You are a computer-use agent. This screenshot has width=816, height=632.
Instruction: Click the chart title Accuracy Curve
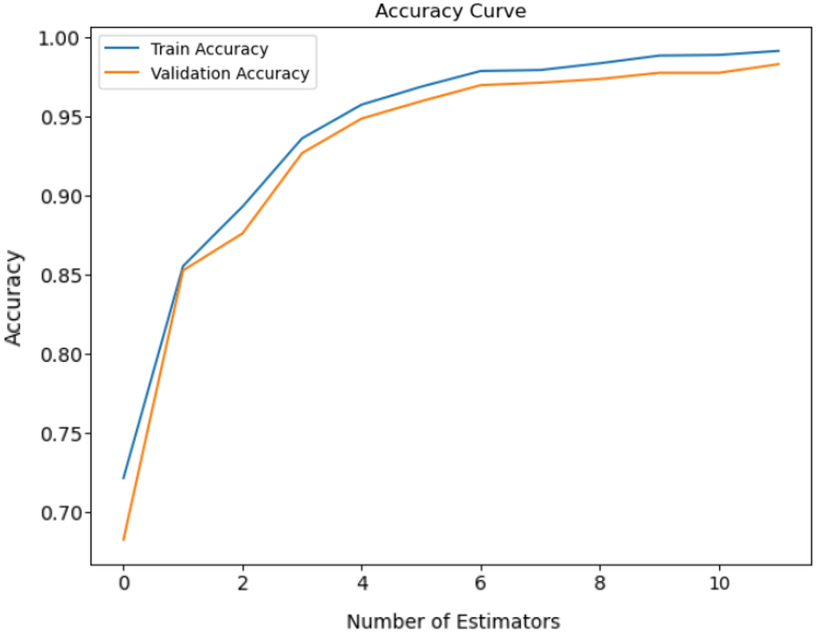tap(450, 11)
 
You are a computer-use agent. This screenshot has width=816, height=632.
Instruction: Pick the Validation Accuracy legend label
tap(229, 74)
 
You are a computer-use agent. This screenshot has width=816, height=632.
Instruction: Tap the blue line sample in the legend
tap(124, 49)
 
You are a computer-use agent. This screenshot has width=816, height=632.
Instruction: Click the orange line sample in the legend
tap(124, 74)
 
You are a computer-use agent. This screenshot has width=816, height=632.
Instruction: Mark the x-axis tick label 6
tap(481, 583)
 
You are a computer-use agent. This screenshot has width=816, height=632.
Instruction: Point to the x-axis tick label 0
tap(123, 583)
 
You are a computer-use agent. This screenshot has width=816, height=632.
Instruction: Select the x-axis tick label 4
tap(362, 583)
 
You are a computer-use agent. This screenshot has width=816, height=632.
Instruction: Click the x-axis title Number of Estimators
tap(453, 621)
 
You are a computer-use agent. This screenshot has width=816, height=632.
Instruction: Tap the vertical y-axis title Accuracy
tap(14, 297)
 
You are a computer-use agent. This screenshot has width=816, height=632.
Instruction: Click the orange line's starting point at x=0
tap(124, 539)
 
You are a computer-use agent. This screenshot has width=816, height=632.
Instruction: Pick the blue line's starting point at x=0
tap(124, 478)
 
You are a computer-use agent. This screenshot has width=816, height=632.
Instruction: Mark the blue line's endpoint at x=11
tap(780, 51)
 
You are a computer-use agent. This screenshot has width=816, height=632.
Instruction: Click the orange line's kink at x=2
tap(243, 233)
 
